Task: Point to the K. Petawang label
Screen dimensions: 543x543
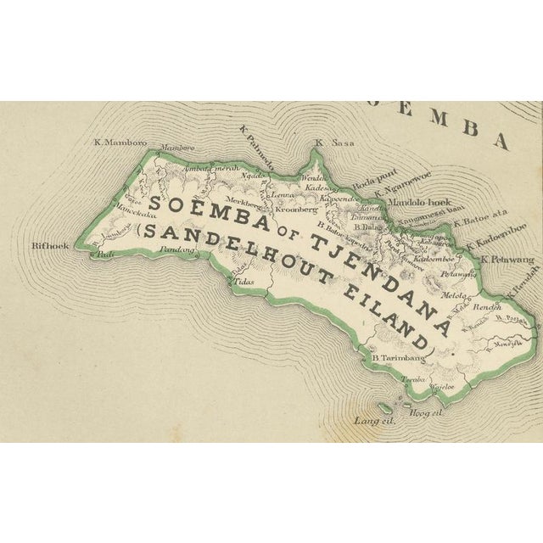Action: click(x=506, y=260)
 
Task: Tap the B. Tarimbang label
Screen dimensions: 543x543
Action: click(x=398, y=359)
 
